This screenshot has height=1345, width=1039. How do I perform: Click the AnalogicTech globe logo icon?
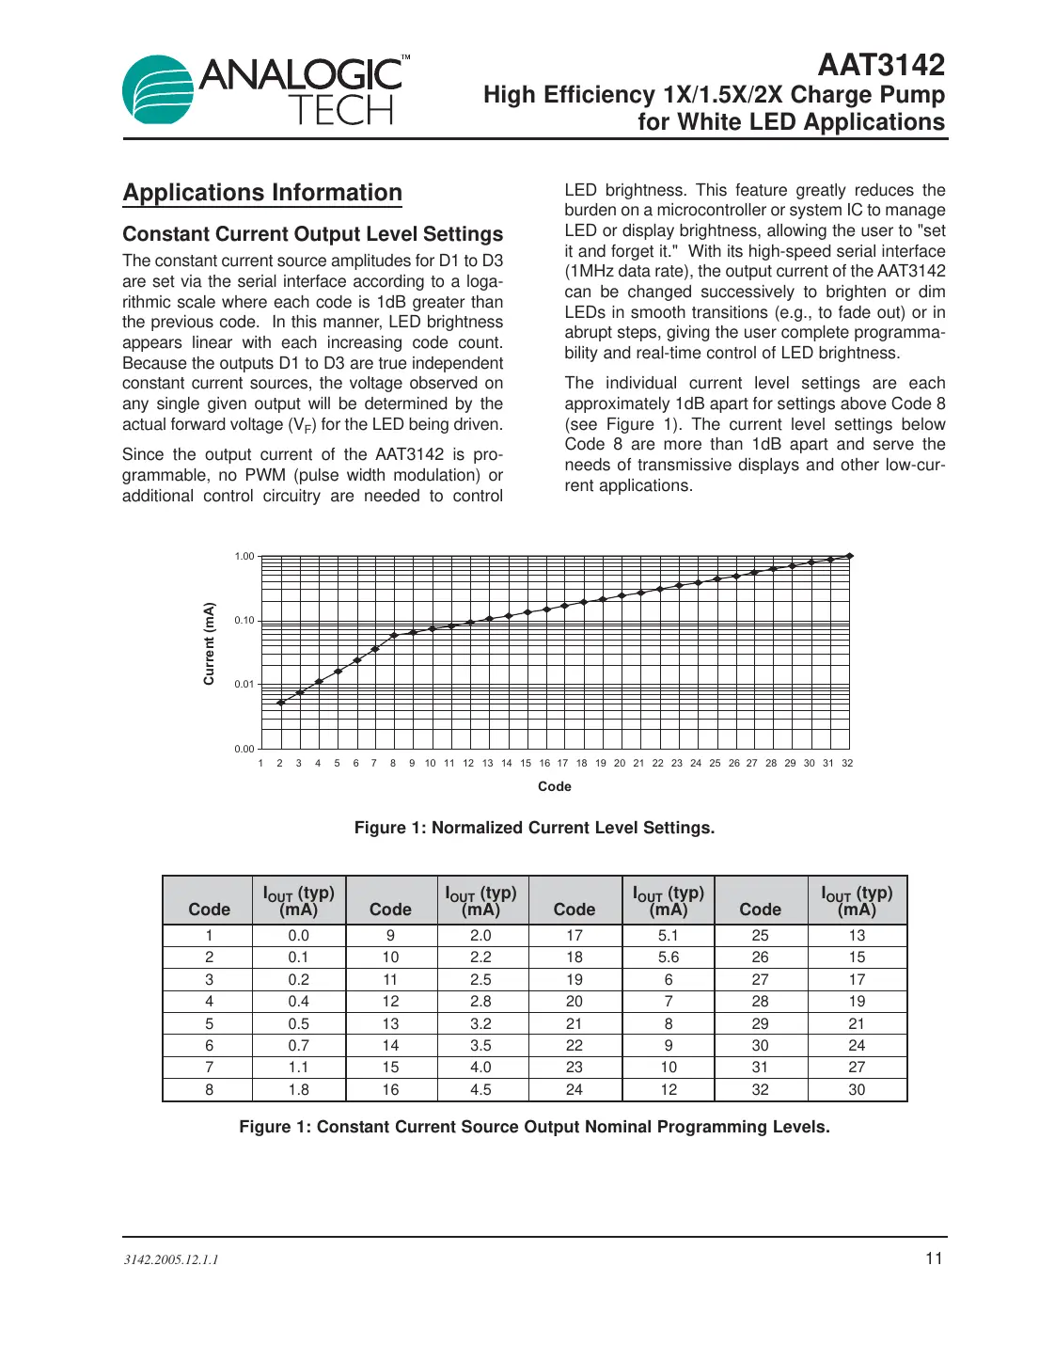click(158, 90)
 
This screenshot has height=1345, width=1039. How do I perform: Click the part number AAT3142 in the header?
click(880, 65)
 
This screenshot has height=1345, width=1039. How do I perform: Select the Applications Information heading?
click(262, 193)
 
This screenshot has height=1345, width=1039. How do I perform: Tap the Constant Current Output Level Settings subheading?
click(312, 234)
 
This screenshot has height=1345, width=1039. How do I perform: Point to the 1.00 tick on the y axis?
click(244, 557)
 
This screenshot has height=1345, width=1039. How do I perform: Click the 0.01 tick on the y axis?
click(244, 685)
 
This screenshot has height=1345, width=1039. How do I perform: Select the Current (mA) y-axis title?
click(209, 643)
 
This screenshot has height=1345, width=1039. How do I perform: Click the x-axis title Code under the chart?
click(555, 786)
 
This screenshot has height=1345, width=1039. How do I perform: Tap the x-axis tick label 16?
click(544, 763)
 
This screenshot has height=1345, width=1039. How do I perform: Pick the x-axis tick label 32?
click(847, 763)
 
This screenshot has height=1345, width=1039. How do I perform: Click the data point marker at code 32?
click(850, 556)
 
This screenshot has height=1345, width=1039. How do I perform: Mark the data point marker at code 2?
click(281, 703)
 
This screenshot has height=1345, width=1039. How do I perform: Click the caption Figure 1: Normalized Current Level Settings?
click(534, 828)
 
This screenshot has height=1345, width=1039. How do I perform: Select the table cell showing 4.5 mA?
click(480, 1089)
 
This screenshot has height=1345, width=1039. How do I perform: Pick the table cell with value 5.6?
click(669, 957)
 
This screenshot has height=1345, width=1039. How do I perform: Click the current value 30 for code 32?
click(857, 1089)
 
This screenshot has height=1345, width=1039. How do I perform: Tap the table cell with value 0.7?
click(298, 1045)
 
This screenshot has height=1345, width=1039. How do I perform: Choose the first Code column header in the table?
click(209, 910)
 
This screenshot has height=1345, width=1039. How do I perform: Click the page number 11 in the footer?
click(934, 1258)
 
